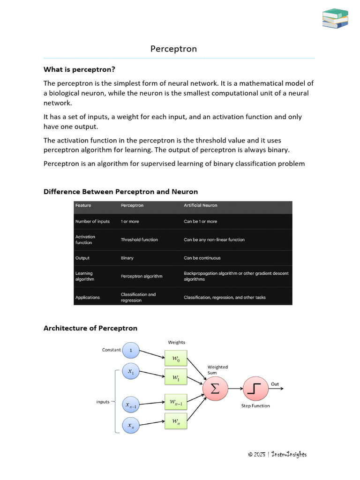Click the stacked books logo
click(x=335, y=18)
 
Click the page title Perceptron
click(x=173, y=49)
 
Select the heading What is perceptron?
click(x=79, y=69)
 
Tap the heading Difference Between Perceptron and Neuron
click(x=120, y=191)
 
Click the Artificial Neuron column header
click(x=200, y=205)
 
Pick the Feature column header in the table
click(x=83, y=205)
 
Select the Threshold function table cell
click(x=139, y=240)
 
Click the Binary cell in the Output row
click(x=127, y=258)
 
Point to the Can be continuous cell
click(x=202, y=258)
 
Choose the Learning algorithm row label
click(x=84, y=276)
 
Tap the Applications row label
click(x=87, y=297)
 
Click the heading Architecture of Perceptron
click(x=90, y=328)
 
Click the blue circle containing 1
click(x=130, y=350)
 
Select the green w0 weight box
click(x=176, y=359)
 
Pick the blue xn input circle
click(x=130, y=426)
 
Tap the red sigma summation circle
click(x=215, y=389)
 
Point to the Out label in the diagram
click(x=275, y=384)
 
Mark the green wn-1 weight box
click(x=176, y=402)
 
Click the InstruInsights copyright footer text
click(x=277, y=454)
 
